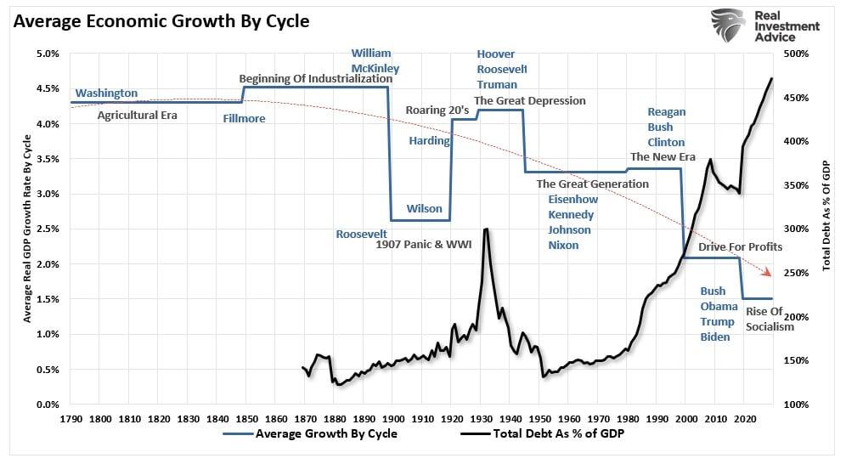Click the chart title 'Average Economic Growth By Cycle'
click(x=161, y=21)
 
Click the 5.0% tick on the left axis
click(x=48, y=54)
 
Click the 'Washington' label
click(x=106, y=93)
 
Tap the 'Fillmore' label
click(x=244, y=119)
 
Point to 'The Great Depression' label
click(x=530, y=100)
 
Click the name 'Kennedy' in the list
click(x=571, y=214)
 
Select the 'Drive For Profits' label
click(x=740, y=247)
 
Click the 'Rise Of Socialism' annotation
click(x=770, y=319)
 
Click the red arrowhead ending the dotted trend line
click(x=770, y=273)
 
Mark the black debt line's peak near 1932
click(x=485, y=229)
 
